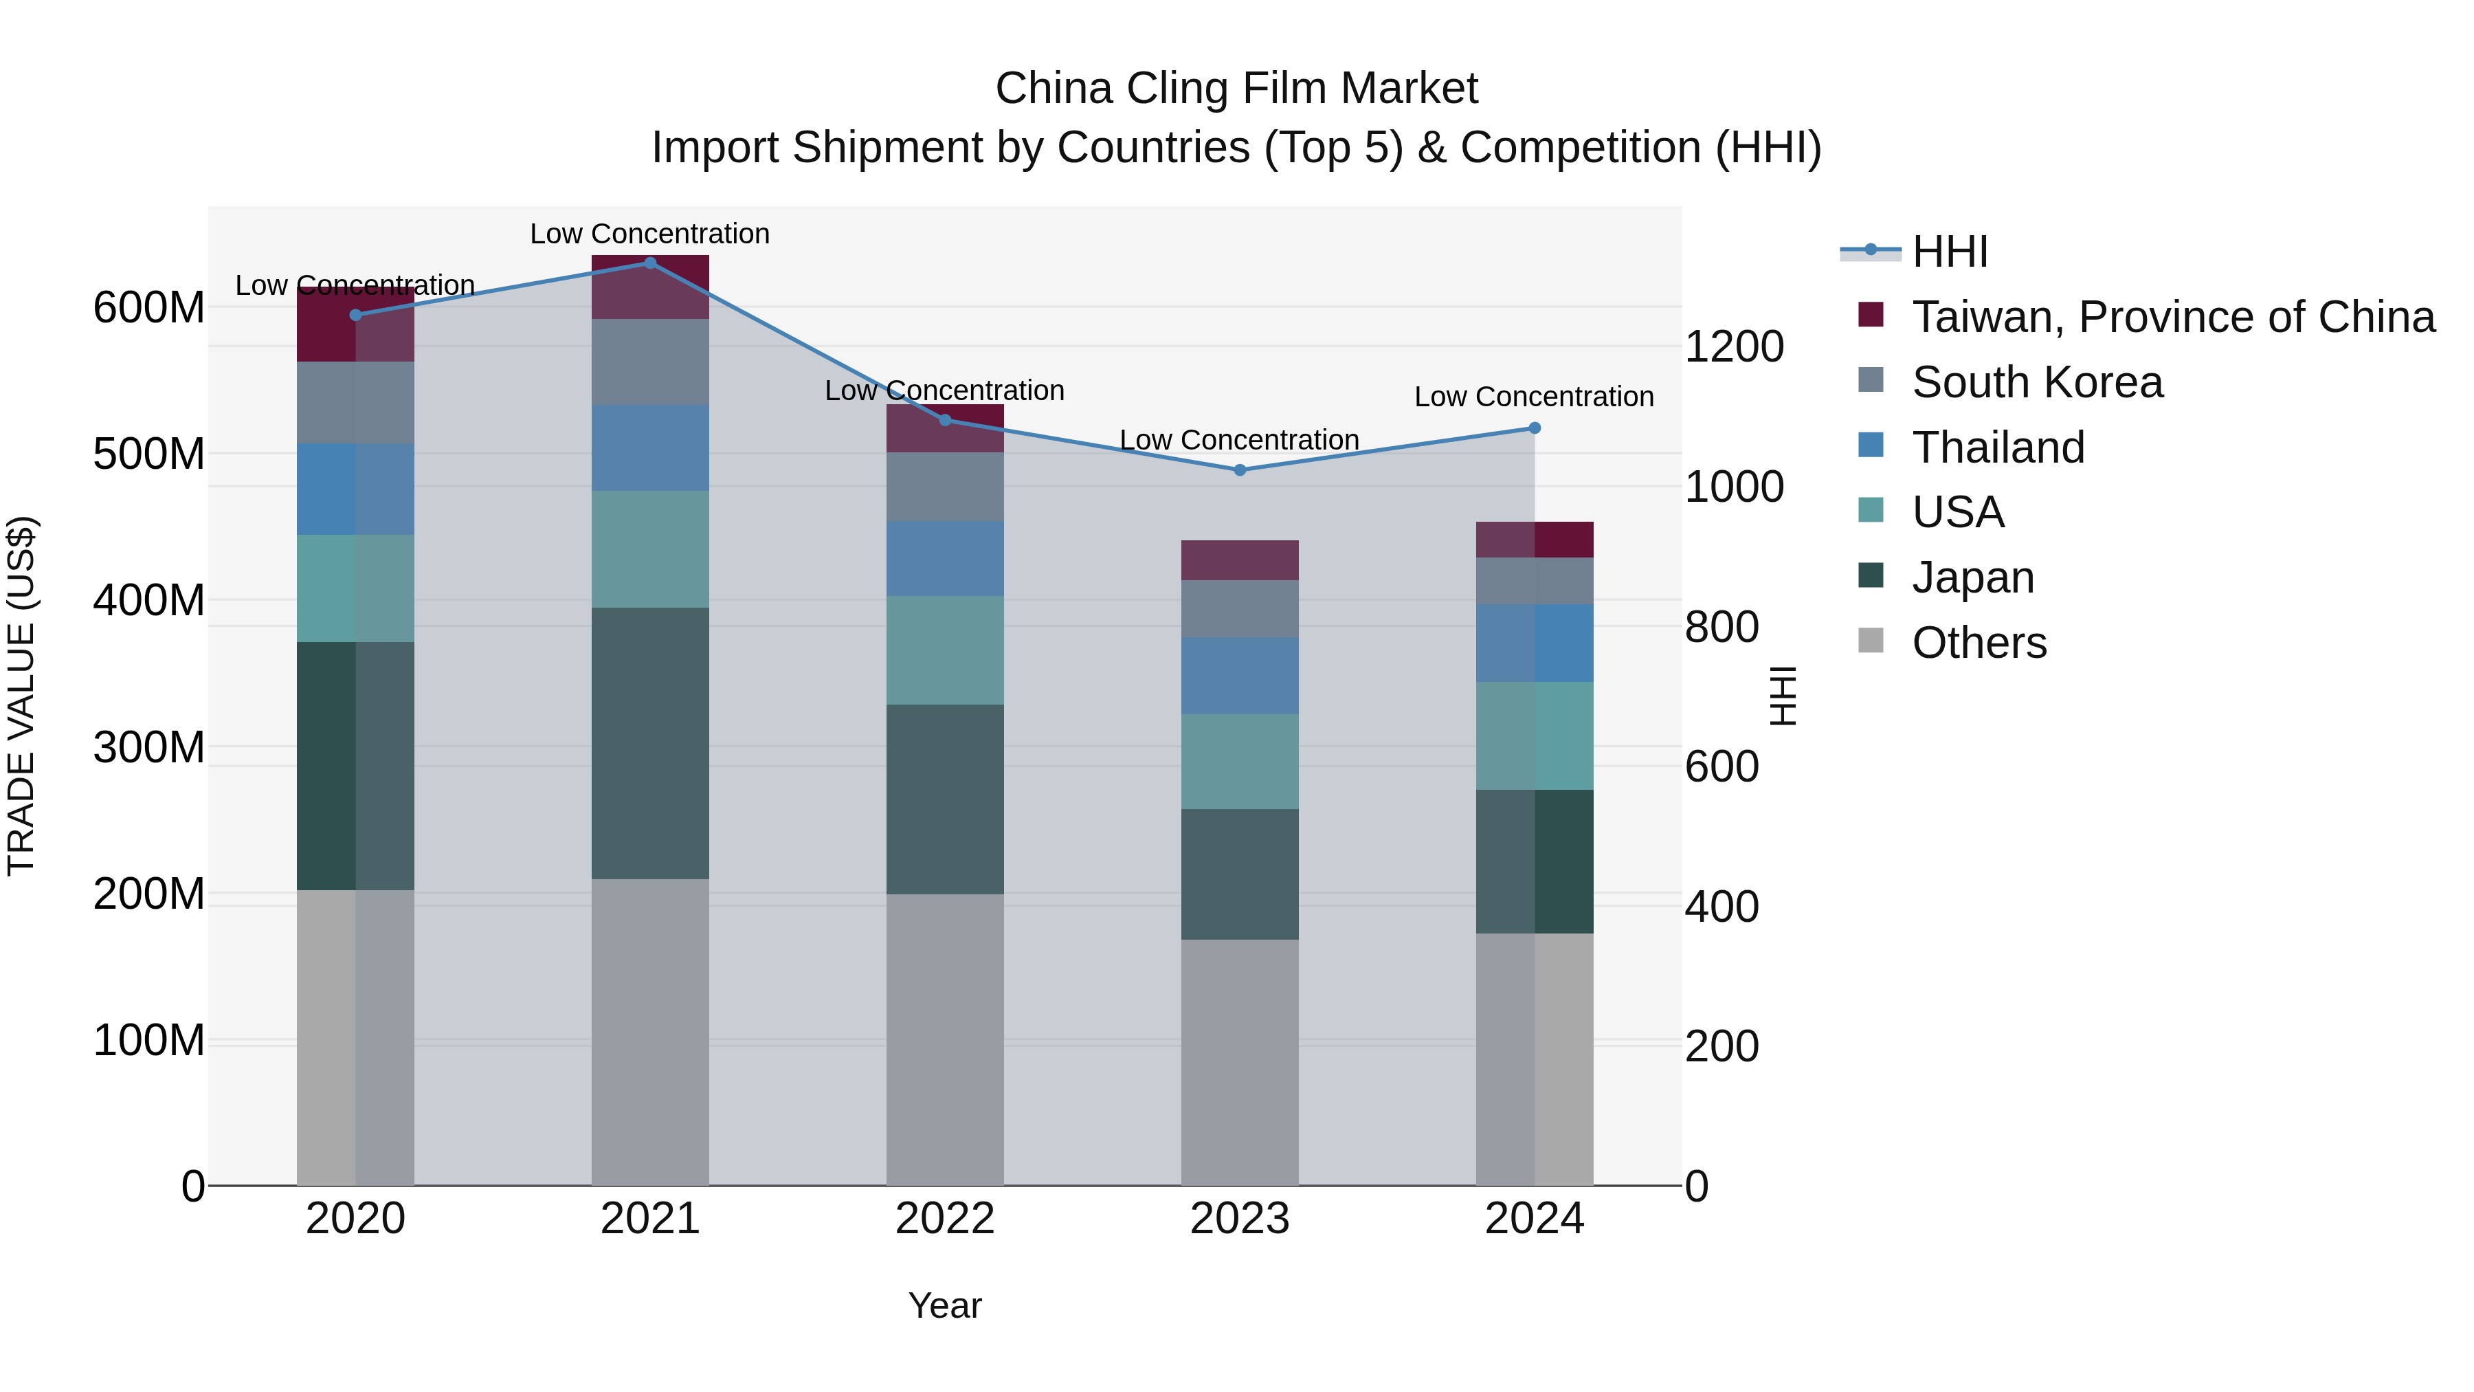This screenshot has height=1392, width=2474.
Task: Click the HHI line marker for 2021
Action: (x=650, y=263)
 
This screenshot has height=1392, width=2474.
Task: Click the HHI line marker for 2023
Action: (x=1239, y=469)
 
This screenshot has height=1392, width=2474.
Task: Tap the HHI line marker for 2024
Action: (x=1534, y=428)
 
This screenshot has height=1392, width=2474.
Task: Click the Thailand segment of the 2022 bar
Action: (x=944, y=558)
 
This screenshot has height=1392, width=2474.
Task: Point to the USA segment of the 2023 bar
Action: (x=1239, y=761)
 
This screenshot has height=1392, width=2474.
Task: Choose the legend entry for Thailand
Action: (x=1998, y=448)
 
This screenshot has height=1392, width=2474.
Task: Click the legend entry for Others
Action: (x=1979, y=643)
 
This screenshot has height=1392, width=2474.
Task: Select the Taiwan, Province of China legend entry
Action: (x=2172, y=317)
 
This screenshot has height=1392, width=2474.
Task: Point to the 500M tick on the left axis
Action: (x=149, y=454)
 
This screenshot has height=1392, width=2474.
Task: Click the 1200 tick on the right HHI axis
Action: (x=1735, y=347)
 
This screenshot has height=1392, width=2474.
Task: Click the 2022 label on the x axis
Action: (x=944, y=1219)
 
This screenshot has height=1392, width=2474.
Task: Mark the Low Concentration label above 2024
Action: (x=1534, y=396)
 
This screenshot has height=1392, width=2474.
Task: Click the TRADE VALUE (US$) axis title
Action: (x=22, y=696)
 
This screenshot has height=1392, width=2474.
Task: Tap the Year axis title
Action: (x=944, y=1305)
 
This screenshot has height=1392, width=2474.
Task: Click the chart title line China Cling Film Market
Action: (x=1236, y=89)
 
